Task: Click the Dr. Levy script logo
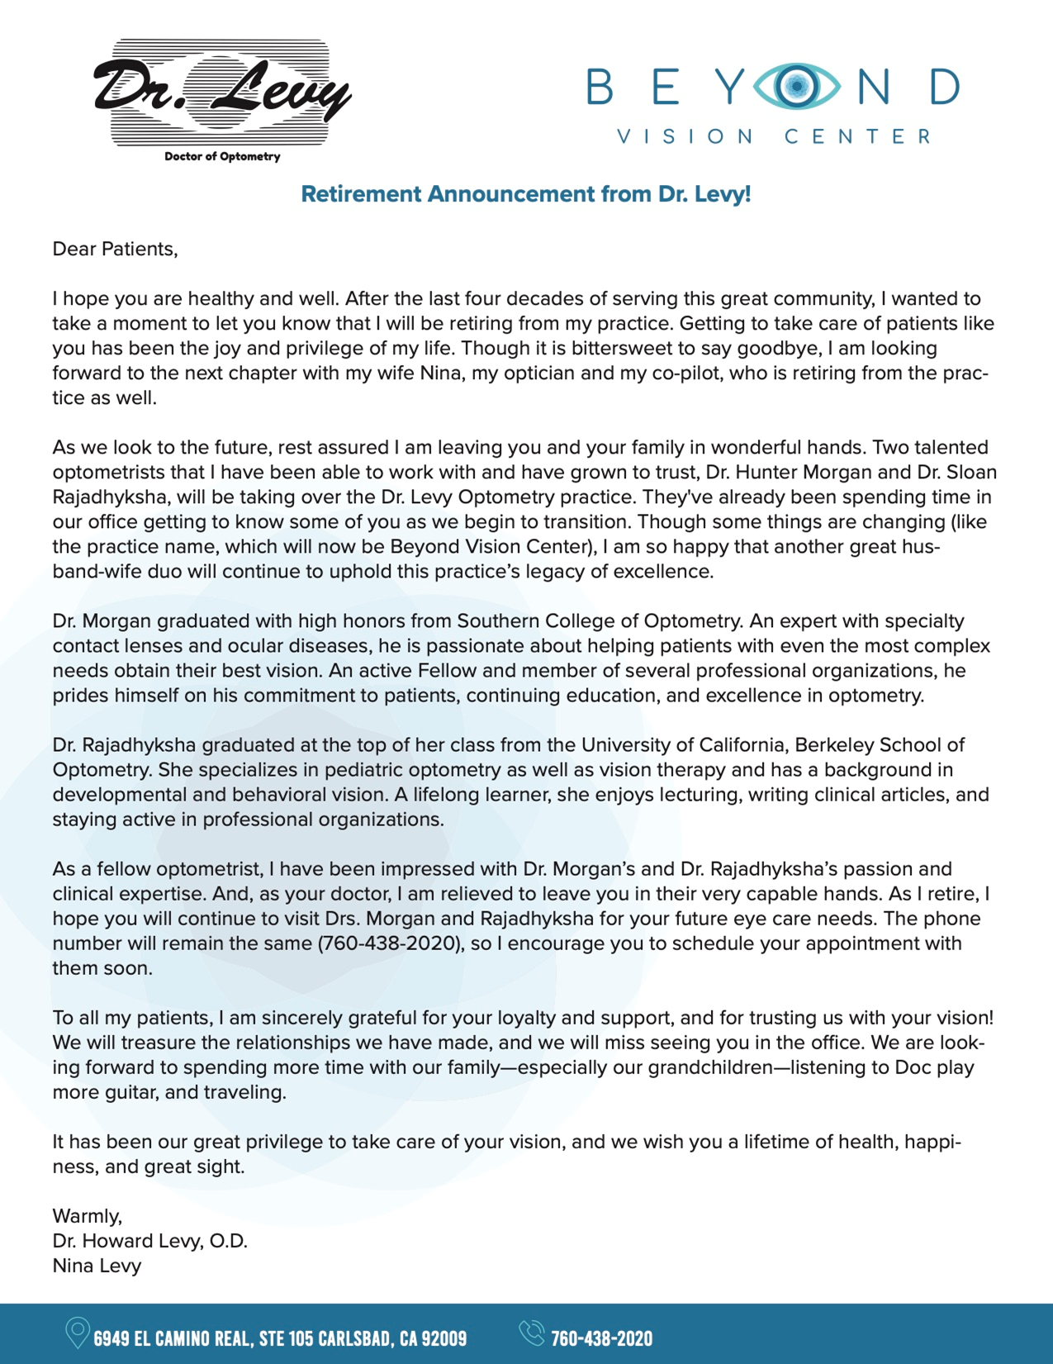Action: coord(221,93)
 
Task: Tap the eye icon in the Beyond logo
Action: coord(796,86)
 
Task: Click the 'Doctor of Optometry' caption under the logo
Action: coord(222,156)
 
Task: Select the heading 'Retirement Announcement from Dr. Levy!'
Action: coord(525,194)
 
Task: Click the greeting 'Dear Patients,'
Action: coord(115,249)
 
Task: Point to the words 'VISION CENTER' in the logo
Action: coord(774,136)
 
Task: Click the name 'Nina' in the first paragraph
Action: coord(439,373)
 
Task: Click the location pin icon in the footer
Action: coord(77,1333)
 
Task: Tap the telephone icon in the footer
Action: coord(531,1333)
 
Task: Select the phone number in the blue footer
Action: coord(601,1338)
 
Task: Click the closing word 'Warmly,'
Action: coord(87,1215)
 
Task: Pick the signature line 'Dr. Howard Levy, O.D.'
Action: coord(149,1240)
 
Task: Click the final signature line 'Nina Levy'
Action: coord(97,1265)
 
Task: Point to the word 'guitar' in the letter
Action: coord(132,1091)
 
